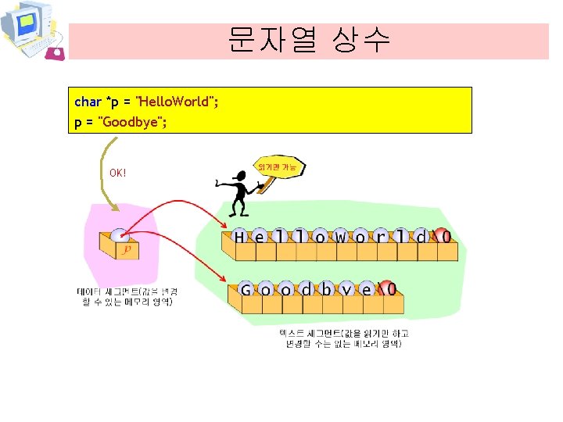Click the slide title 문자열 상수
pos(309,40)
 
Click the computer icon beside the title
pos(31,30)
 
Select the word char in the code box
pos(88,102)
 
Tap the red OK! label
pos(118,172)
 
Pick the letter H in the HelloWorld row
pos(239,237)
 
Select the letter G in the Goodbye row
pos(246,290)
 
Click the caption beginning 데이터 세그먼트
pos(126,296)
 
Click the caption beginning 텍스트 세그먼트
pos(344,338)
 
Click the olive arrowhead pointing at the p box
pos(117,208)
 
